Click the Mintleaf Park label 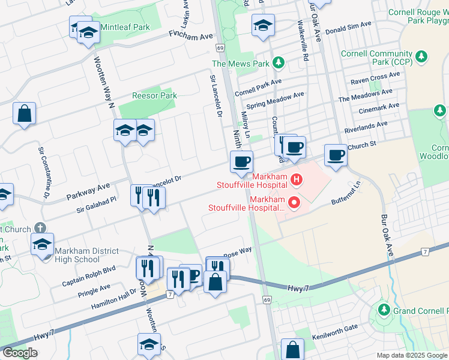(125, 27)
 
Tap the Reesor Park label (154, 95)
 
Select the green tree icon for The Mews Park (278, 62)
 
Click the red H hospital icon (295, 179)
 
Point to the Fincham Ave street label (191, 37)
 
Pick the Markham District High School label (77, 255)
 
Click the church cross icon (40, 228)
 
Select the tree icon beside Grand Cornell (384, 310)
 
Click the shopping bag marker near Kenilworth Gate (292, 350)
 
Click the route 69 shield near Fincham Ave (221, 47)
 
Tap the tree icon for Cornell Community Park (423, 56)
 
